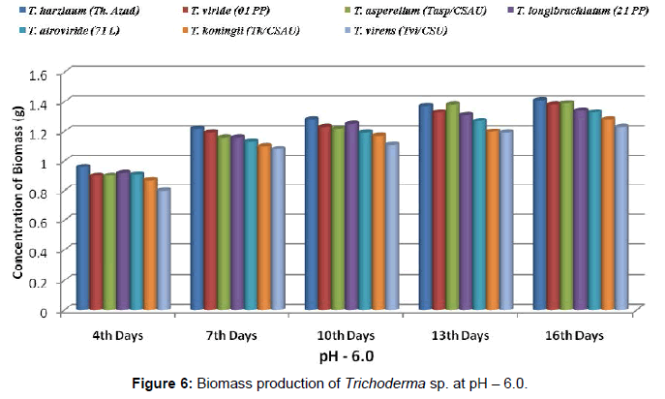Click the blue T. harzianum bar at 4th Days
tap(83, 238)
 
